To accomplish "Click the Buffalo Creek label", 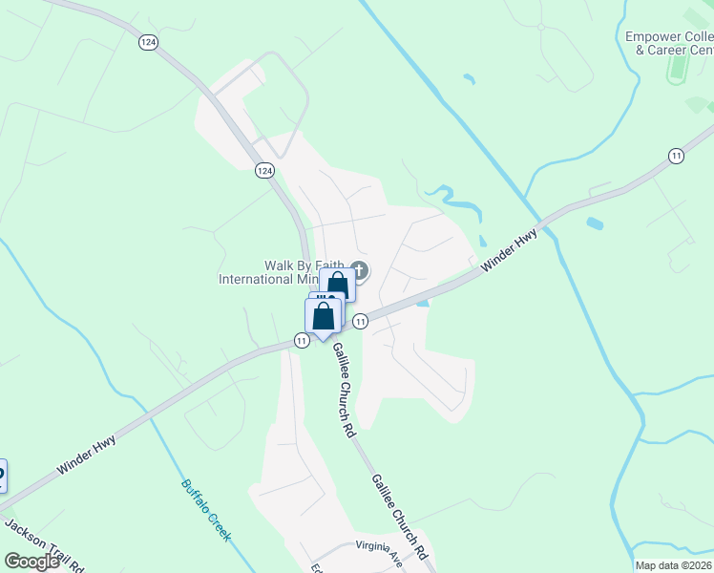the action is pyautogui.click(x=206, y=510).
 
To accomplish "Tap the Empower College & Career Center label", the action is pyautogui.click(x=668, y=43).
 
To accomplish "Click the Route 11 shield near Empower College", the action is pyautogui.click(x=677, y=156).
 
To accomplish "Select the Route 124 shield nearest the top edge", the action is pyautogui.click(x=147, y=42).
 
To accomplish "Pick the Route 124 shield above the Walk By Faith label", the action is pyautogui.click(x=264, y=170).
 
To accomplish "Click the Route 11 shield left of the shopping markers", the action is pyautogui.click(x=301, y=341).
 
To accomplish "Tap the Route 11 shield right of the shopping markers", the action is pyautogui.click(x=360, y=322).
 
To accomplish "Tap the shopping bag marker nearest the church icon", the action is pyautogui.click(x=337, y=286).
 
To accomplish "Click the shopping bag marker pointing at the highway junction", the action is pyautogui.click(x=324, y=316).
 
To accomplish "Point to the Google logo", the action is pyautogui.click(x=31, y=562).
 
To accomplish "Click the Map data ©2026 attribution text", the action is pyautogui.click(x=673, y=565).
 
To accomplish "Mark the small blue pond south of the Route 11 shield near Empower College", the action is pyautogui.click(x=595, y=224).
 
